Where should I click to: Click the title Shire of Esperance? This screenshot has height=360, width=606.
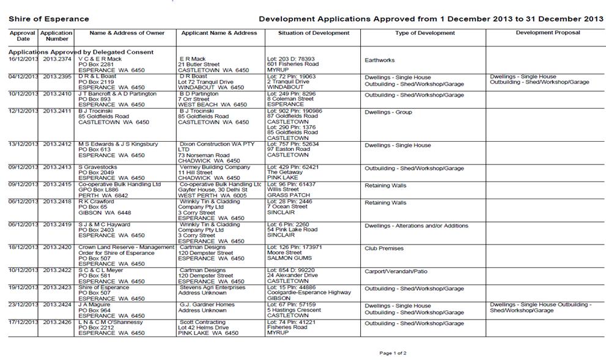click(x=48, y=19)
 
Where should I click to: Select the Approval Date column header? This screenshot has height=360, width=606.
click(x=23, y=35)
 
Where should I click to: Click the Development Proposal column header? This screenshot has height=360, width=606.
click(x=547, y=33)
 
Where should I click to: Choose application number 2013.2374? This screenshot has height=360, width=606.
click(x=57, y=59)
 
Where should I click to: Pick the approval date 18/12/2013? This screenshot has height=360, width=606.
click(x=23, y=247)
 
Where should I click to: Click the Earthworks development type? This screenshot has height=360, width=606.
click(x=379, y=61)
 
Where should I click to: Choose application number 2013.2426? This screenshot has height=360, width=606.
click(x=57, y=322)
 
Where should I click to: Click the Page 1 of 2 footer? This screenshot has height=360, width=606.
click(x=393, y=353)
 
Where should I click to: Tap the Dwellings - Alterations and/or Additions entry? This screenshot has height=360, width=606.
click(x=416, y=226)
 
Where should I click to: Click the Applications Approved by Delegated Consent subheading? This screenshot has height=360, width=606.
click(x=81, y=52)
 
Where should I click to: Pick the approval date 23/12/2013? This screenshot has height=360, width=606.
click(x=23, y=304)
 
